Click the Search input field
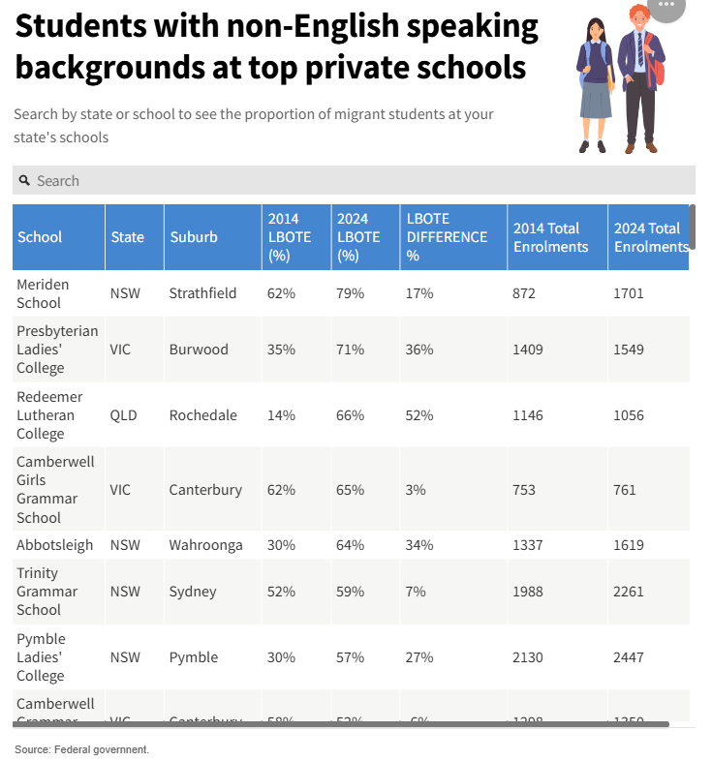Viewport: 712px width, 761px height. [358, 181]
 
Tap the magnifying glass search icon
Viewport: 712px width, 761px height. [24, 181]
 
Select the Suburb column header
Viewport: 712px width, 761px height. [194, 237]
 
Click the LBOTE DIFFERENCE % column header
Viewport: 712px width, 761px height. [447, 237]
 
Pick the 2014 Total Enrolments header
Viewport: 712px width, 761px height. [550, 237]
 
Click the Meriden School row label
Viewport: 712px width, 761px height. [44, 293]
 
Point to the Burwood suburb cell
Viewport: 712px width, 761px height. [199, 350]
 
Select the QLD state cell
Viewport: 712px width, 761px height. [123, 415]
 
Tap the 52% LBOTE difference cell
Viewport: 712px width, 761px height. [420, 415]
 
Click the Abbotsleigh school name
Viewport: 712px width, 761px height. [55, 545]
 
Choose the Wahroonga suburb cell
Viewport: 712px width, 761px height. [206, 545]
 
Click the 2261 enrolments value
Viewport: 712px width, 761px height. [629, 592]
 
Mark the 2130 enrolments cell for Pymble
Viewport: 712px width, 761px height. [528, 657]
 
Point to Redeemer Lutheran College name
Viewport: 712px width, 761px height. [50, 415]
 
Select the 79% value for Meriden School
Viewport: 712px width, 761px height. [351, 293]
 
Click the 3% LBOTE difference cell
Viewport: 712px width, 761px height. [416, 490]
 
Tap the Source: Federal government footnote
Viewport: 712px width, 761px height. [81, 749]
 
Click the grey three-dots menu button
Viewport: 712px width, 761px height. [666, 7]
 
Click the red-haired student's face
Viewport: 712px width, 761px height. [639, 21]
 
